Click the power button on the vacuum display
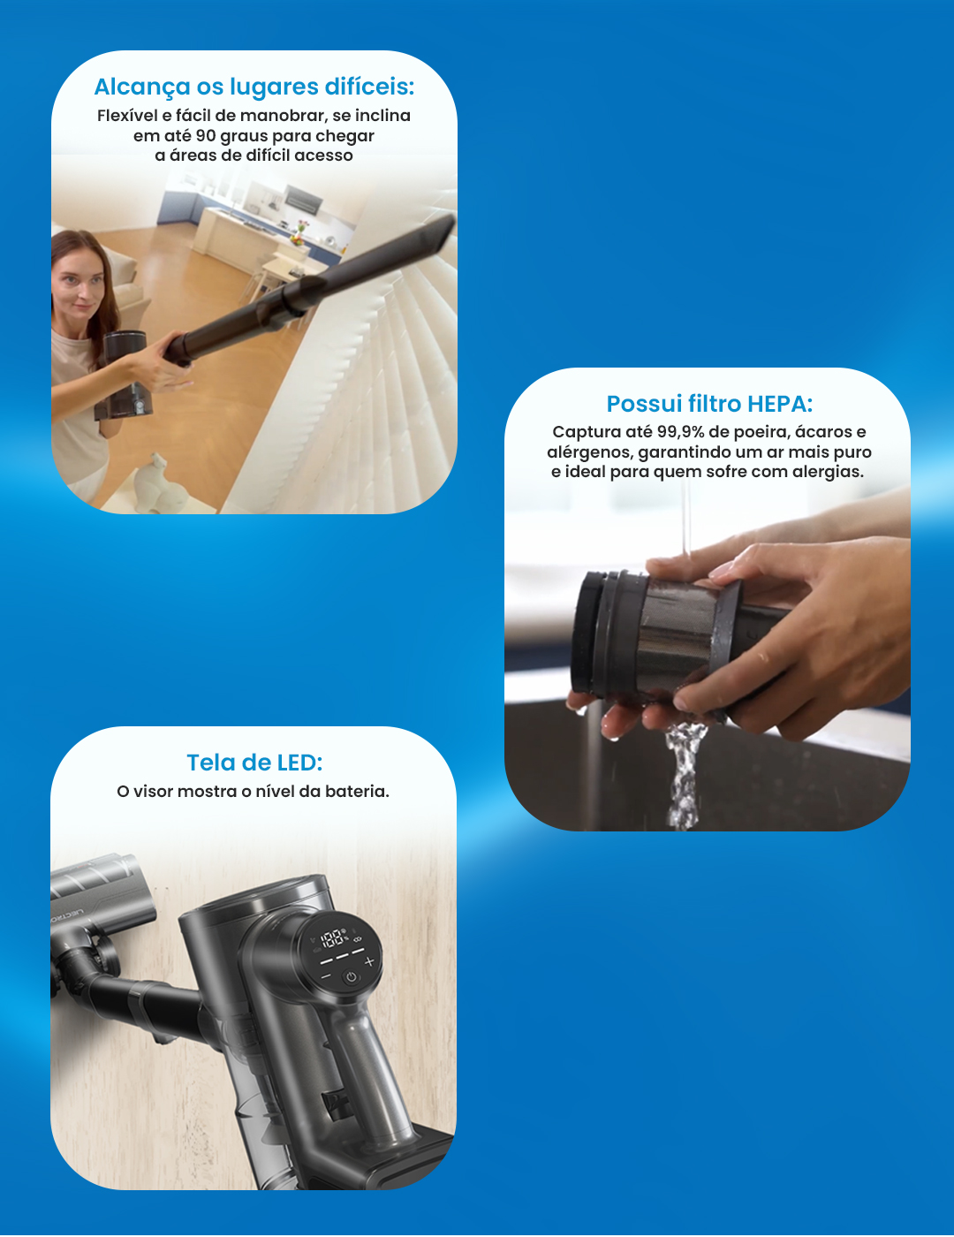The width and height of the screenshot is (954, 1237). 351,977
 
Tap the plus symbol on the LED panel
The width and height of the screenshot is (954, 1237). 370,961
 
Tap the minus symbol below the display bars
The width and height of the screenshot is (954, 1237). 326,975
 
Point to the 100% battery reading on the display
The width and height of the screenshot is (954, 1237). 333,938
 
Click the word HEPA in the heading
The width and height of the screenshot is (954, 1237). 780,404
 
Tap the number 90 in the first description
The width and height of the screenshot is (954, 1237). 205,136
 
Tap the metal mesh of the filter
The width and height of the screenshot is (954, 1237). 675,634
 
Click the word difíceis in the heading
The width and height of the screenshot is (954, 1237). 369,87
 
